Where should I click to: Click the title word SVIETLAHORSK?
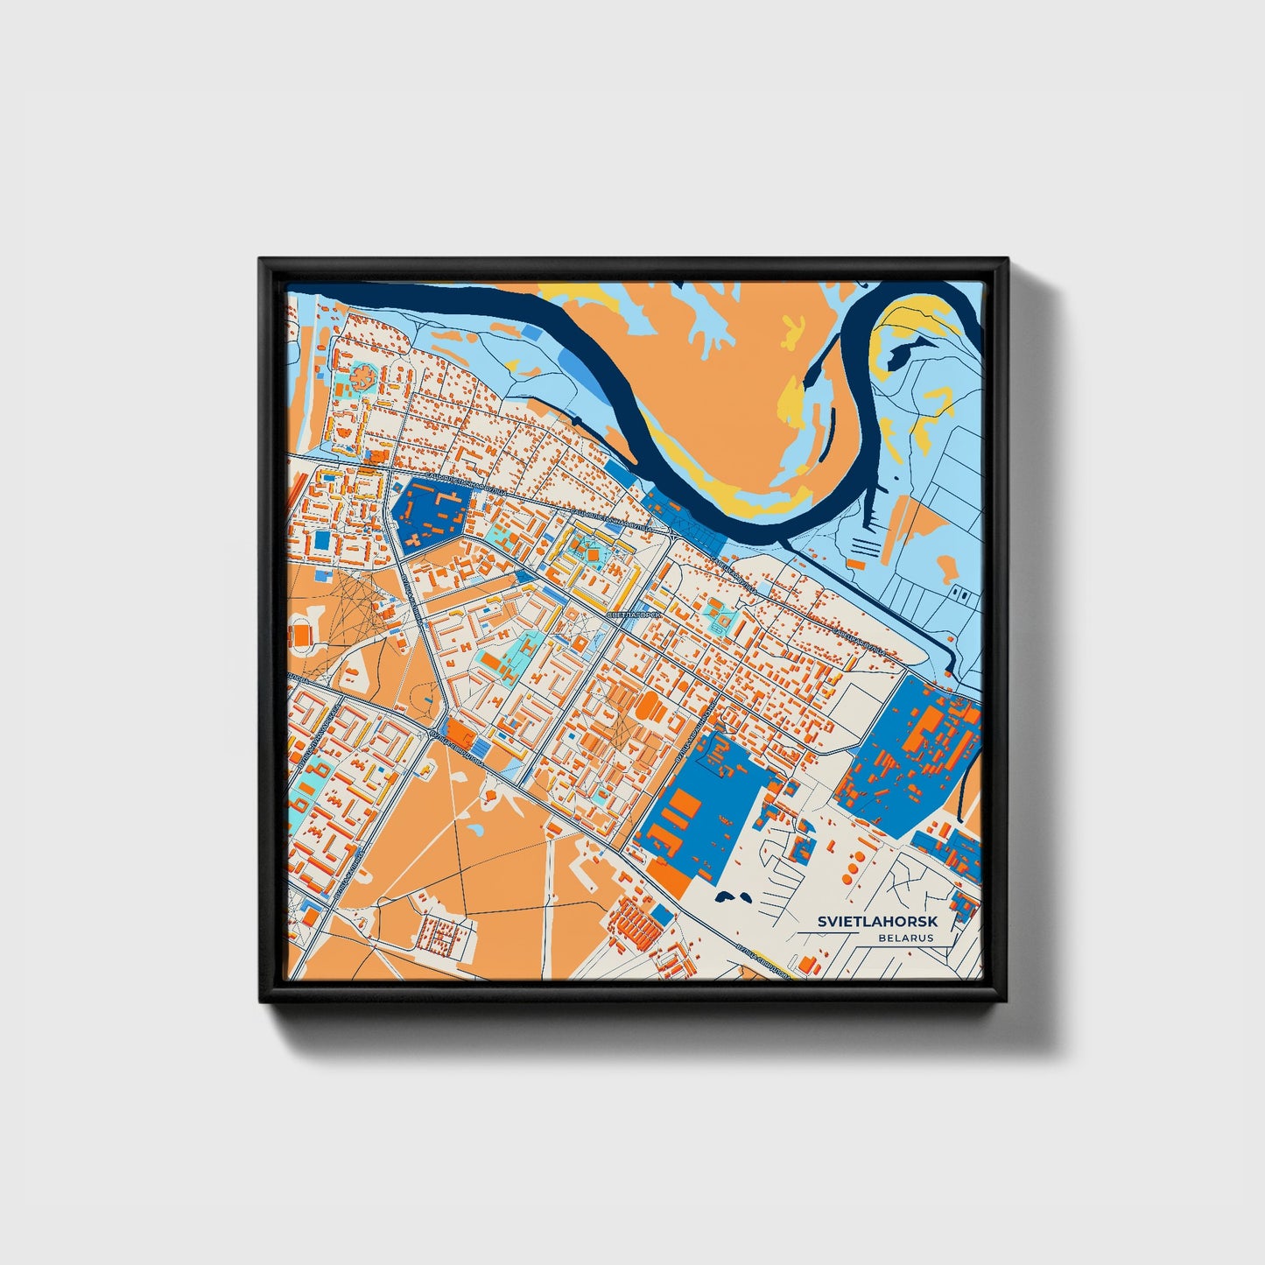click(x=877, y=922)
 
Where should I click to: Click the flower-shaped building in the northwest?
click(x=362, y=378)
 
